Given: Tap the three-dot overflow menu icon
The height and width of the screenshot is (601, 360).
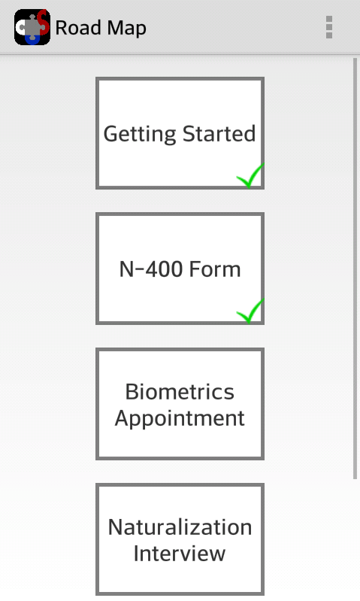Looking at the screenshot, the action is click(329, 27).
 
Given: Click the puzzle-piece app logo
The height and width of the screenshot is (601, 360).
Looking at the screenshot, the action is click(32, 27).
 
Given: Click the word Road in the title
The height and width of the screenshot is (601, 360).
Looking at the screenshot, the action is click(78, 28).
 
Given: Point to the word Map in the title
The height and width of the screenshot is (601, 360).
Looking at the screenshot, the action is click(127, 29).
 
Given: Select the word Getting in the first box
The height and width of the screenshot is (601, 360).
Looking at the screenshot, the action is click(141, 134).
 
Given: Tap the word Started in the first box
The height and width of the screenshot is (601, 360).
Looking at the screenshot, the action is click(219, 133).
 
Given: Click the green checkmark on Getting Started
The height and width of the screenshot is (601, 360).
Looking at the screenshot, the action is click(250, 175).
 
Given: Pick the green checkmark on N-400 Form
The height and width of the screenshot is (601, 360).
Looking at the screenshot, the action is click(250, 311).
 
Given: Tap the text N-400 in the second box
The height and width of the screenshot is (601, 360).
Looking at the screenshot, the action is click(151, 269).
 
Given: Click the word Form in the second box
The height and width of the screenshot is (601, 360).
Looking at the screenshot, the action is click(215, 269).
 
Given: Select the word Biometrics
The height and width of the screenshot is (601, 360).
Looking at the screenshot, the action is click(180, 392).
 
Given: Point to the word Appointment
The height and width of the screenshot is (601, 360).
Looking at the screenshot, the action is click(180, 418).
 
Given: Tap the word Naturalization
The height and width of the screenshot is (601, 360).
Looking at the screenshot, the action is click(180, 527).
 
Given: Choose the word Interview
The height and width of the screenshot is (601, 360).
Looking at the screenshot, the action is click(180, 553).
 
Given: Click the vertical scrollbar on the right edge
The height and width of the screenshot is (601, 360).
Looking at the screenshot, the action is click(355, 269).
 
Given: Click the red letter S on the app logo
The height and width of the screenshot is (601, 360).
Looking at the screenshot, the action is click(44, 23).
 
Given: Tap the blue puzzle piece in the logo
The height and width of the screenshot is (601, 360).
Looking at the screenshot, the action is click(32, 39).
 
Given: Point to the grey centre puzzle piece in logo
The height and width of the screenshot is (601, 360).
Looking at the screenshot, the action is click(34, 27).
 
